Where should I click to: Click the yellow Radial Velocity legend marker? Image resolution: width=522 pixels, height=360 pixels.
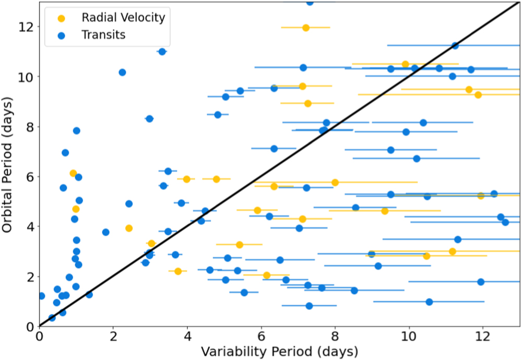click(62, 18)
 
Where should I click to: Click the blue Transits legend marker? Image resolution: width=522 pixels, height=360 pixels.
click(62, 35)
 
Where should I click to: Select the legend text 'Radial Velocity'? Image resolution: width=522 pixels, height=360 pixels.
click(123, 18)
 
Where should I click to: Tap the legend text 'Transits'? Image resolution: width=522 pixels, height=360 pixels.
click(104, 35)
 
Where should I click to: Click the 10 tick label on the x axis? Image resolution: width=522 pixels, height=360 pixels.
click(409, 337)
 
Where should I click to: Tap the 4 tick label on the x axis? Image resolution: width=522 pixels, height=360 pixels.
click(187, 337)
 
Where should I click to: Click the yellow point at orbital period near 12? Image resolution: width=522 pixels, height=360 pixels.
click(306, 28)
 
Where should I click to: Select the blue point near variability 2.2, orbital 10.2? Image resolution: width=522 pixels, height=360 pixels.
click(122, 73)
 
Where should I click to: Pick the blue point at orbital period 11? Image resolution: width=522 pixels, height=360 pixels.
click(162, 52)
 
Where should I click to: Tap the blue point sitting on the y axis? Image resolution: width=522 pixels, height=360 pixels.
click(41, 296)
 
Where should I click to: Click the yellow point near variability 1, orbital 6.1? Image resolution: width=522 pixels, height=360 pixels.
click(74, 173)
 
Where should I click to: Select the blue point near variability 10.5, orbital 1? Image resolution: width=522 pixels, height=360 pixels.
click(429, 302)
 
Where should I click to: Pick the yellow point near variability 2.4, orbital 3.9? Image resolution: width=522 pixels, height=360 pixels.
click(129, 228)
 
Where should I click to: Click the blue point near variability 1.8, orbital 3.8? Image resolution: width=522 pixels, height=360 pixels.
click(106, 232)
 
